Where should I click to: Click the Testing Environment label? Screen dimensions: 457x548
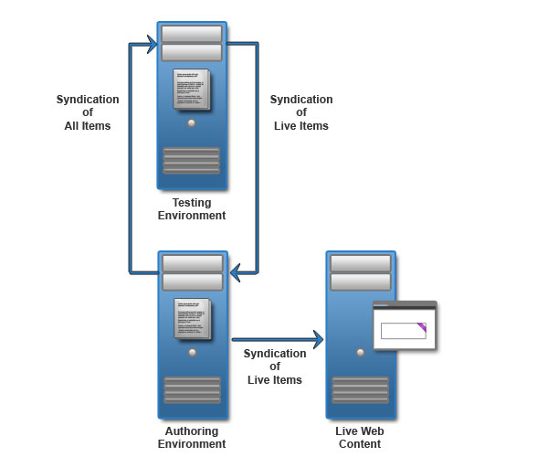[191, 208]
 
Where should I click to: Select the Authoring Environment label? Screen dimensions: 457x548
[191, 437]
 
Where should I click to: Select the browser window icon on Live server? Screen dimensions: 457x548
[405, 325]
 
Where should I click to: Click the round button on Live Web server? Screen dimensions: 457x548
[361, 351]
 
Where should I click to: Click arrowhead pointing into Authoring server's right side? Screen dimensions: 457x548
[236, 271]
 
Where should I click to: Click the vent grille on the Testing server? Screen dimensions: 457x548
[191, 160]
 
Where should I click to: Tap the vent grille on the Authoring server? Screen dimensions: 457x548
[191, 389]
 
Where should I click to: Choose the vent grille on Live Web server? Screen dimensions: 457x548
[361, 389]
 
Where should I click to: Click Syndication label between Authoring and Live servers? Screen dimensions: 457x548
[274, 367]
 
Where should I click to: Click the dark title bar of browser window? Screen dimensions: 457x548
[405, 306]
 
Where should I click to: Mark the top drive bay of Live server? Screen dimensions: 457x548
[361, 263]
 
